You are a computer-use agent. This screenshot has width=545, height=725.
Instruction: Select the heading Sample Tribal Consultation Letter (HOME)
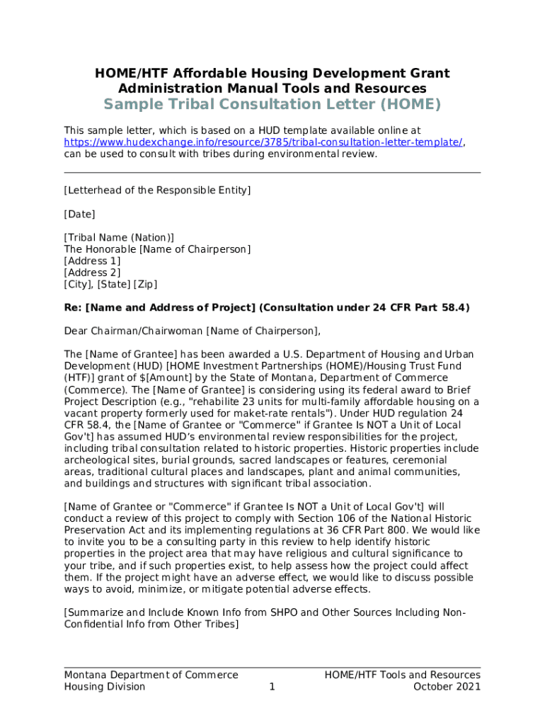272,105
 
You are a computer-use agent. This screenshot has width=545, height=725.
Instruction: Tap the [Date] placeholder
79,214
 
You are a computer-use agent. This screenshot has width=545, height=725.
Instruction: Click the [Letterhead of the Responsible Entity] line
157,190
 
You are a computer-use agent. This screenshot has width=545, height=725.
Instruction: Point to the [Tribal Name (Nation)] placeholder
119,237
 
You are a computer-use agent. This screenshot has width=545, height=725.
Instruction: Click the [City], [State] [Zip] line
110,284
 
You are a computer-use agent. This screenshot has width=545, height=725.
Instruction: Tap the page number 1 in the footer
272,687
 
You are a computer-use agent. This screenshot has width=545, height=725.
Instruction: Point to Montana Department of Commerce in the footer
151,675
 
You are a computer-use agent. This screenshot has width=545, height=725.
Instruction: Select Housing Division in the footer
105,687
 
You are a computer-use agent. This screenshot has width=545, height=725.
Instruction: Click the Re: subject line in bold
267,307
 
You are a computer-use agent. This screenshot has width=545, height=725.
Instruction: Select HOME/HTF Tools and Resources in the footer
402,675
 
